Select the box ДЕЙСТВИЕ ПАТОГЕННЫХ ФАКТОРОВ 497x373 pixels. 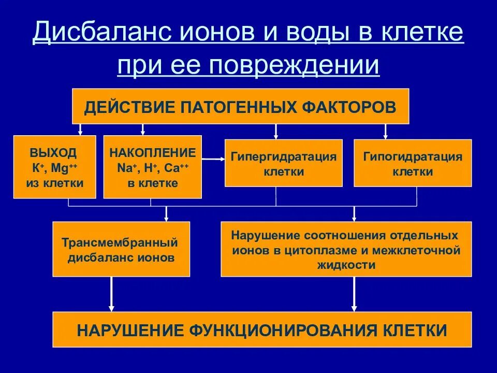click(x=240, y=106)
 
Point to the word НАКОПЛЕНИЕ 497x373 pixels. click(x=153, y=153)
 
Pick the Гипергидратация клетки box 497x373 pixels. click(x=283, y=163)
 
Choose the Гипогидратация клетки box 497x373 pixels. click(x=413, y=163)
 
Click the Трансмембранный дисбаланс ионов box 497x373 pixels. click(x=121, y=249)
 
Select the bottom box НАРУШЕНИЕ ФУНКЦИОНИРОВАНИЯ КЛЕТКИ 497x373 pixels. click(x=262, y=329)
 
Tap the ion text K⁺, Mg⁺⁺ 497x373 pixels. click(x=54, y=168)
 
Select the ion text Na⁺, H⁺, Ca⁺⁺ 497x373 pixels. click(x=153, y=168)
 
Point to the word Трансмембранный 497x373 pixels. click(x=120, y=242)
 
